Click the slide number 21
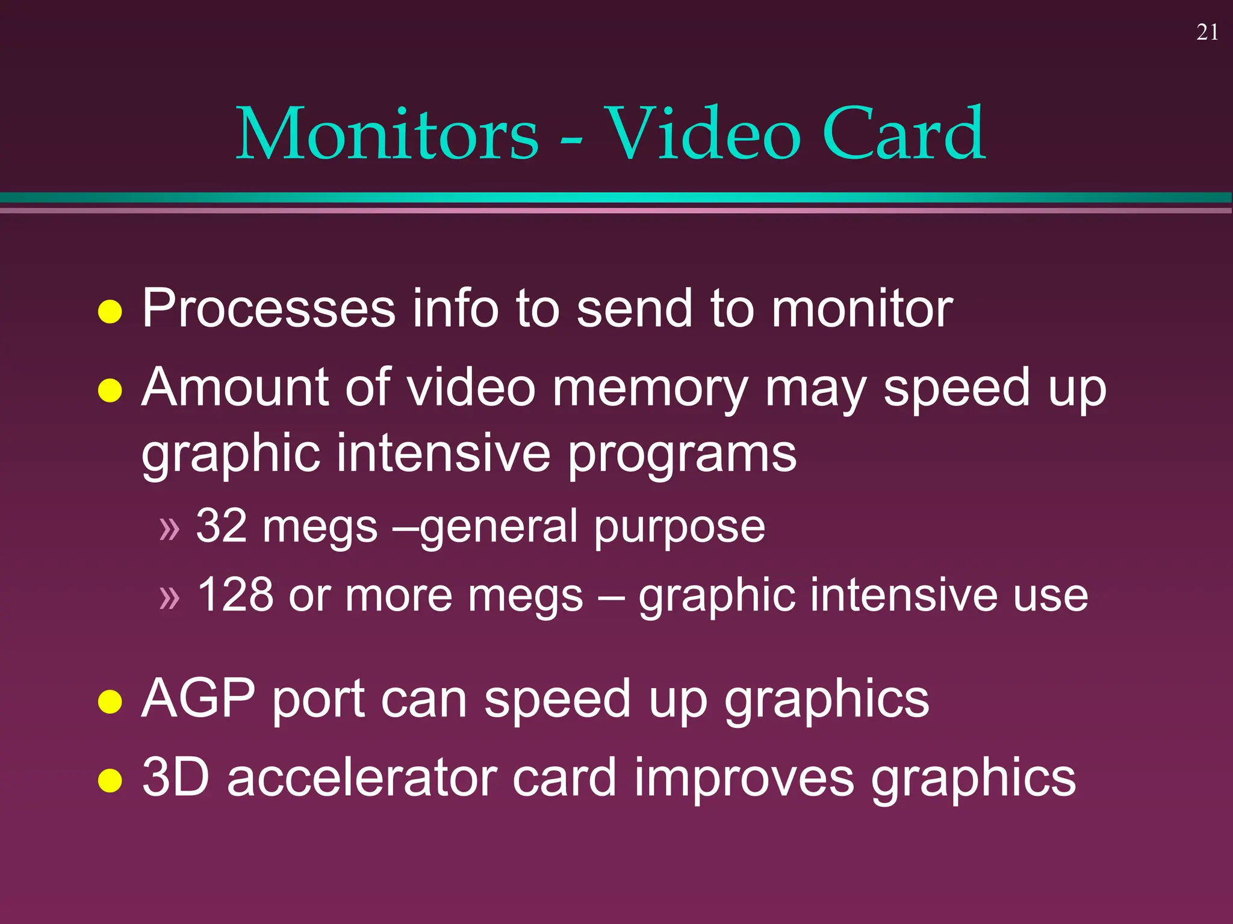click(1207, 32)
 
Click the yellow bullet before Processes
click(110, 312)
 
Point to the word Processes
click(269, 309)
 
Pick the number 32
click(221, 526)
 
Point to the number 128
click(235, 595)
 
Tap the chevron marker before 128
click(169, 597)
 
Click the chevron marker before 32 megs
click(169, 529)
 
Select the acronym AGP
click(198, 698)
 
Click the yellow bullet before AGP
click(110, 701)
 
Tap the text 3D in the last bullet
click(176, 777)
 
